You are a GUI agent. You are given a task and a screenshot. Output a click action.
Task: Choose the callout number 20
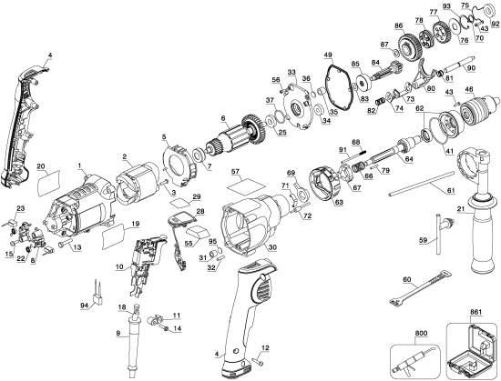(x=40, y=166)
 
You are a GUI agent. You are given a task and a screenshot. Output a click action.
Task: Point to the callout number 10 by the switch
(x=120, y=266)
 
